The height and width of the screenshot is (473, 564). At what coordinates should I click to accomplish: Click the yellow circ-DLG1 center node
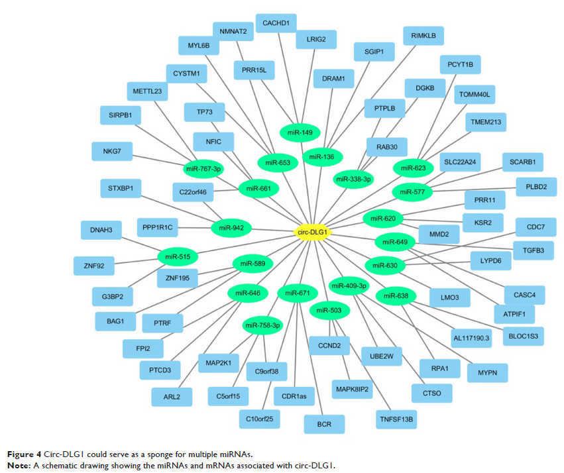(x=311, y=233)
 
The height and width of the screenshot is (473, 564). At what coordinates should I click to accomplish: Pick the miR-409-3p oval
(x=348, y=286)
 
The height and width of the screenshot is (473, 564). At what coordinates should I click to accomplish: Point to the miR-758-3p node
(x=263, y=325)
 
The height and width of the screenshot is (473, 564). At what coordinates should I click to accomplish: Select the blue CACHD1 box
(x=276, y=23)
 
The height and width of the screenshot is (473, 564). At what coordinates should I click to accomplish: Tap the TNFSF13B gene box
(x=396, y=419)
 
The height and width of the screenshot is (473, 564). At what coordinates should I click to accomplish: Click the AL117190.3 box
(x=471, y=338)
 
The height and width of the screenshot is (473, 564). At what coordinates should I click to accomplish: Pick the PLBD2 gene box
(x=532, y=187)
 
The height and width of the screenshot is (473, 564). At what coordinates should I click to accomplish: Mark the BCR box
(x=323, y=423)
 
